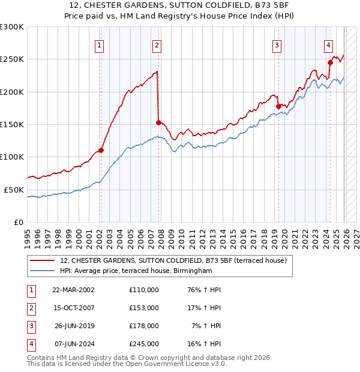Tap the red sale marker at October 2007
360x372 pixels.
158,122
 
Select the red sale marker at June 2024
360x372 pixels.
330,62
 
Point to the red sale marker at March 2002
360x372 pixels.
101,150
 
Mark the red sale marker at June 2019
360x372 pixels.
278,106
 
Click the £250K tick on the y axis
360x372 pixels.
12,59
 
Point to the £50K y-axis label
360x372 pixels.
14,190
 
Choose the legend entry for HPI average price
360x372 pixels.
136,271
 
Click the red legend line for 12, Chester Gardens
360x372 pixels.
42,260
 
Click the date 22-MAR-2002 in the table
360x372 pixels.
73,289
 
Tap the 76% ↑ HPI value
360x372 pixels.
205,289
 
